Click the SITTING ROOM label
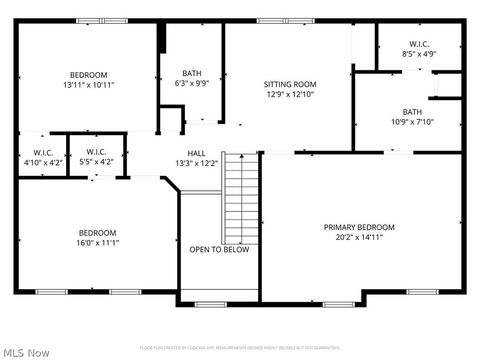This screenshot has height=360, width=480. [x=290, y=84]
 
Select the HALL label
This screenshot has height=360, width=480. [x=197, y=153]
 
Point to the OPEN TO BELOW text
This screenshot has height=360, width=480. [x=219, y=250]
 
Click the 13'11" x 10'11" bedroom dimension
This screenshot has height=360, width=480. [x=89, y=86]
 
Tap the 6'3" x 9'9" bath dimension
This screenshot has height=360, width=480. [x=192, y=84]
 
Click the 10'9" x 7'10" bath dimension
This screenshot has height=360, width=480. [x=412, y=123]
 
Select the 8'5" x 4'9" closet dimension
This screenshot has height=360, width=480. [x=419, y=54]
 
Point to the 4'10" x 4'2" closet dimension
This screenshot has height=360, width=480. [x=41, y=162]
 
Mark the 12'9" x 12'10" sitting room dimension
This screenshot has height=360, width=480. [x=290, y=94]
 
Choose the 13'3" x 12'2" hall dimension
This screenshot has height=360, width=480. [x=197, y=163]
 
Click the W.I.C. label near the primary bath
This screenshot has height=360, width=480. [x=419, y=43]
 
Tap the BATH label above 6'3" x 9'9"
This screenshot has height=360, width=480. [x=192, y=73]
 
